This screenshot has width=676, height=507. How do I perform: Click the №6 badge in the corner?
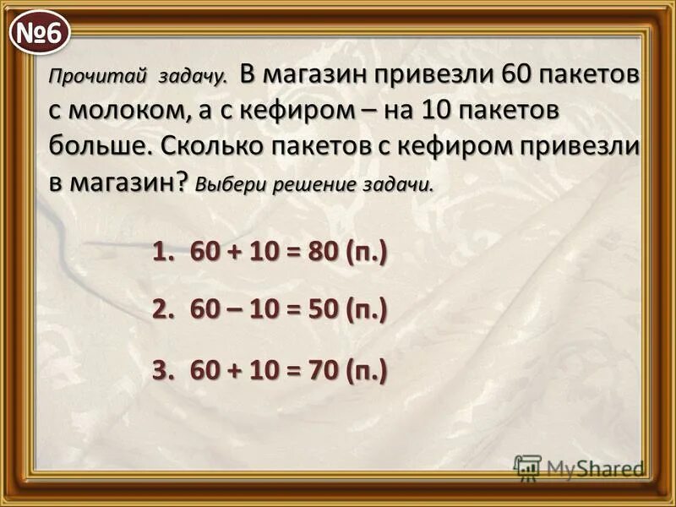coord(39,34)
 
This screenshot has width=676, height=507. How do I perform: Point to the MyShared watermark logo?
coord(579,467)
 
